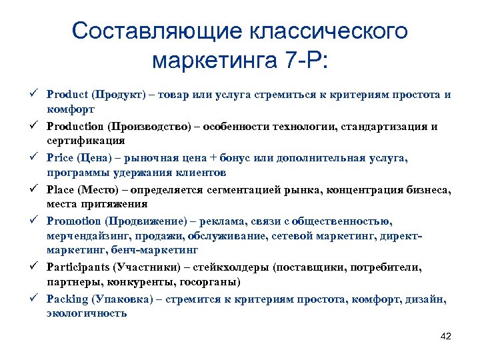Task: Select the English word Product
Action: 67,95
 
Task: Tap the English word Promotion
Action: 73,221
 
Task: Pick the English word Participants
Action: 78,267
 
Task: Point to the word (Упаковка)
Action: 122,299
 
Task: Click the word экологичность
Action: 87,313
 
